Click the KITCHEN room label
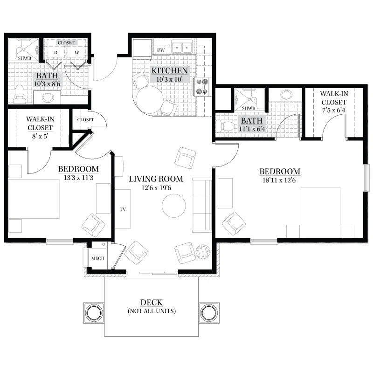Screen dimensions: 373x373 pos(170,71)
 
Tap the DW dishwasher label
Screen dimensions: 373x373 pos(161,50)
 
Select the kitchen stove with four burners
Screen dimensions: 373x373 pos(203,87)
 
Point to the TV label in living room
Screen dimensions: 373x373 pos(123,209)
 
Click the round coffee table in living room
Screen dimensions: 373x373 pos(173,206)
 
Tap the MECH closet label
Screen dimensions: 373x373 pos(98,258)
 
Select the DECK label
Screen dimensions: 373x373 pos(152,303)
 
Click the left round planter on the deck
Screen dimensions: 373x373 pos(94,312)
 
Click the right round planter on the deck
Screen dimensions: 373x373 pos(209,312)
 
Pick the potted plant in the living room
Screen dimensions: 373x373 pos(203,252)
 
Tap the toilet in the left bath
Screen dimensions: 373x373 pos(20,95)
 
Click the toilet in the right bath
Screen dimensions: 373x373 pos(225,126)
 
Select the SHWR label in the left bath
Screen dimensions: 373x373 pos(25,58)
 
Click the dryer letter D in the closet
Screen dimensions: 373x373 pos(55,53)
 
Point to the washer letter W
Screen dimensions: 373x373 pos(76,53)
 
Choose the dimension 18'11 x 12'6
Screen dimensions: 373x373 pos(279,180)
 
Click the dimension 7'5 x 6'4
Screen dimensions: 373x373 pos(334,110)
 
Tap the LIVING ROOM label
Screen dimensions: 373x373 pos(156,179)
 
